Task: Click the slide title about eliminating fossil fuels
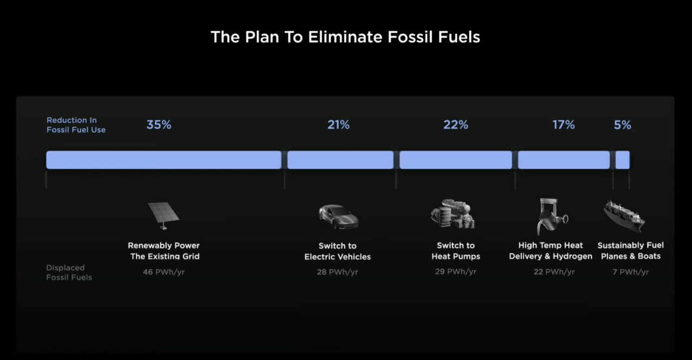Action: coord(345,37)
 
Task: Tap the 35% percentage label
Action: coord(159,125)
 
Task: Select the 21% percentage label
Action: coord(338,125)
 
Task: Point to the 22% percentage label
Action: coord(456,125)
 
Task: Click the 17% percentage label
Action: coord(563,125)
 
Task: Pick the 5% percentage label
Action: coord(622,125)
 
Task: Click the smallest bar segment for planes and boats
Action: coord(622,160)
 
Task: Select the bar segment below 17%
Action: coord(564,160)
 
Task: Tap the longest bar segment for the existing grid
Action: coord(164,160)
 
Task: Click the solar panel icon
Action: coord(163,216)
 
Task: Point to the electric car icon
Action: coord(338,217)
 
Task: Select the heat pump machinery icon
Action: coord(453,214)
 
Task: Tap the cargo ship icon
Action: coord(624,216)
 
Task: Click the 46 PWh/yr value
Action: coord(164,272)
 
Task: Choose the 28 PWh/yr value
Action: coord(337,272)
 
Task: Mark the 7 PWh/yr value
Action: coord(630,272)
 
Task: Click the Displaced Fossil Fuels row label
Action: coord(69,272)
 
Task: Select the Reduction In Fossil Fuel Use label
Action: coord(76,125)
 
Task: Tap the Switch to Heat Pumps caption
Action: coord(456,251)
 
